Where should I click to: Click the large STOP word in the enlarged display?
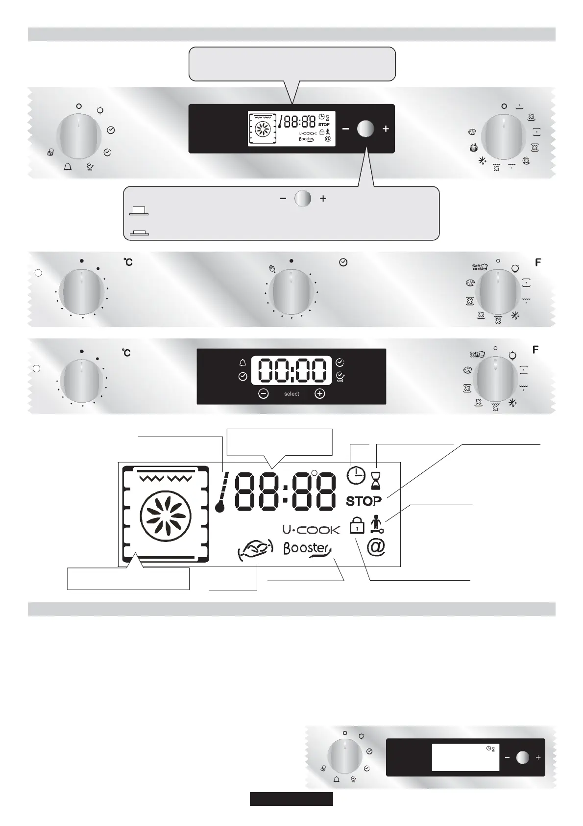coord(364,501)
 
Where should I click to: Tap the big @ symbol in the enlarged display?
coord(376,546)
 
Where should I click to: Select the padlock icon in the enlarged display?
coord(357,526)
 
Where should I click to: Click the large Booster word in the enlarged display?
coord(307,548)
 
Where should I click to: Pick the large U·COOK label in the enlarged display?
coord(311,530)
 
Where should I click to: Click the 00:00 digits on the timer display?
coord(291,369)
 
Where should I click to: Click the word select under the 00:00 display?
coord(291,394)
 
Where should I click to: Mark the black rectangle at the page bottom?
coord(291,799)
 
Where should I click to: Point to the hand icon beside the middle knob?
coord(272,268)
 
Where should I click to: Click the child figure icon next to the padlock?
coord(377,523)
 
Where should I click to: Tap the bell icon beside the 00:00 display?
coord(242,363)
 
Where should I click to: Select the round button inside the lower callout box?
coord(303,199)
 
